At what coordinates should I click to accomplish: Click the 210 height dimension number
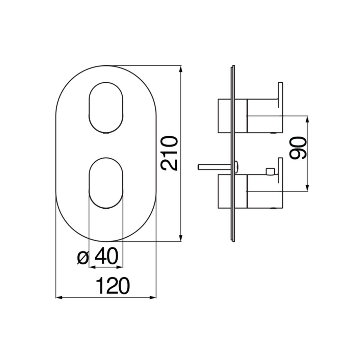click(x=169, y=153)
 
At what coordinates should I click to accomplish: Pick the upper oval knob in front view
click(x=106, y=108)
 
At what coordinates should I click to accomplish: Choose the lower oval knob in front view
click(x=106, y=183)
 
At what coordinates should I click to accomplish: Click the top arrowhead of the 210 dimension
click(x=181, y=69)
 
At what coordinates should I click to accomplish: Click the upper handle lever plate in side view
click(x=280, y=95)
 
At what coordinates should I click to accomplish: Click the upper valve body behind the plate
click(x=225, y=116)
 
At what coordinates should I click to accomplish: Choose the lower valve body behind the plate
click(x=225, y=191)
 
